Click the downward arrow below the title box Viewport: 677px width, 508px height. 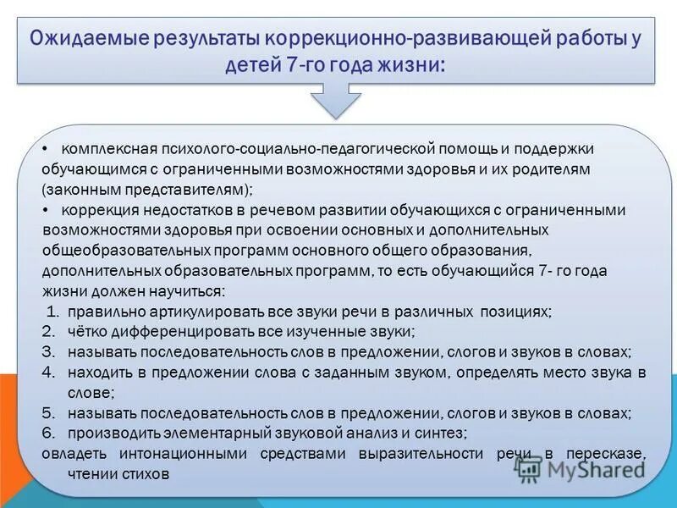(337, 102)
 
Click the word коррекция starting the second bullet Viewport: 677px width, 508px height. (96, 210)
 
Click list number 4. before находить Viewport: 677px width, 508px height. (50, 373)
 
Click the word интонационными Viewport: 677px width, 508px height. (166, 454)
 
